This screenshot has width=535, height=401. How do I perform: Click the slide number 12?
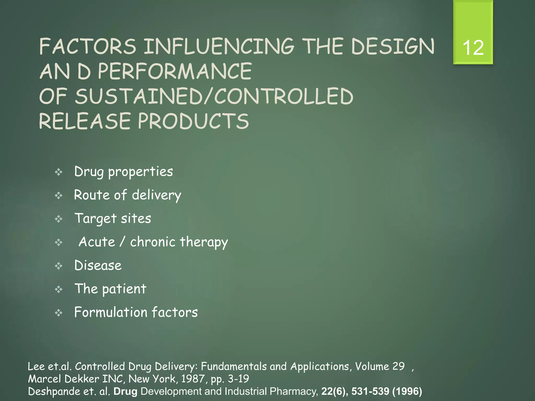[x=473, y=48]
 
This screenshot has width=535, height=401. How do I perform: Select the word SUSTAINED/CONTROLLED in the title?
[x=214, y=96]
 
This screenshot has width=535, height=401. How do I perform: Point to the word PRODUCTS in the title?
[x=193, y=121]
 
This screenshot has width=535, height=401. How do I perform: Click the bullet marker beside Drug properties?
[x=59, y=172]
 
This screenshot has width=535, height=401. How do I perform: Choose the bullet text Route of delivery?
[x=127, y=195]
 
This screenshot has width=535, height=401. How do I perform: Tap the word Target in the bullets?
[x=95, y=219]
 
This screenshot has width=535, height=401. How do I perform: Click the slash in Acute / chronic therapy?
[x=122, y=242]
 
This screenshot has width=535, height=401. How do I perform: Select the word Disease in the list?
[x=98, y=266]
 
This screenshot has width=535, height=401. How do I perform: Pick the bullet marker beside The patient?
[x=59, y=289]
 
